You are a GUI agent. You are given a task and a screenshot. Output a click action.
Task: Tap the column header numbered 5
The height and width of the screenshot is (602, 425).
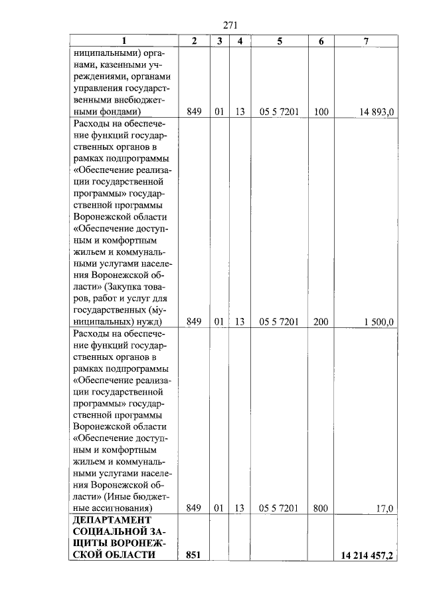pyautogui.click(x=280, y=41)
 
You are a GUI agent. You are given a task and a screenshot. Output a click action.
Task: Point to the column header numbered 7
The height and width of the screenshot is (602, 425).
pyautogui.click(x=367, y=41)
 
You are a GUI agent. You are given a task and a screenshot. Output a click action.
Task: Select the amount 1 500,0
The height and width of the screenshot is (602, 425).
pyautogui.click(x=379, y=322)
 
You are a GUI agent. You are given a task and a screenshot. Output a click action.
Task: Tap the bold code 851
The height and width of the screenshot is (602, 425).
pyautogui.click(x=194, y=556)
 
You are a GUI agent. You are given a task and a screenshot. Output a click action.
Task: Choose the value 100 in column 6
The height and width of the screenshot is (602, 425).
pyautogui.click(x=321, y=112)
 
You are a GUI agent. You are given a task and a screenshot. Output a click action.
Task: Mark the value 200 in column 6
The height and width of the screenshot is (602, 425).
pyautogui.click(x=321, y=322)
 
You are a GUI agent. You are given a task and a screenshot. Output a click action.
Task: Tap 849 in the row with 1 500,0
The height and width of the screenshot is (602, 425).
pyautogui.click(x=194, y=322)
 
